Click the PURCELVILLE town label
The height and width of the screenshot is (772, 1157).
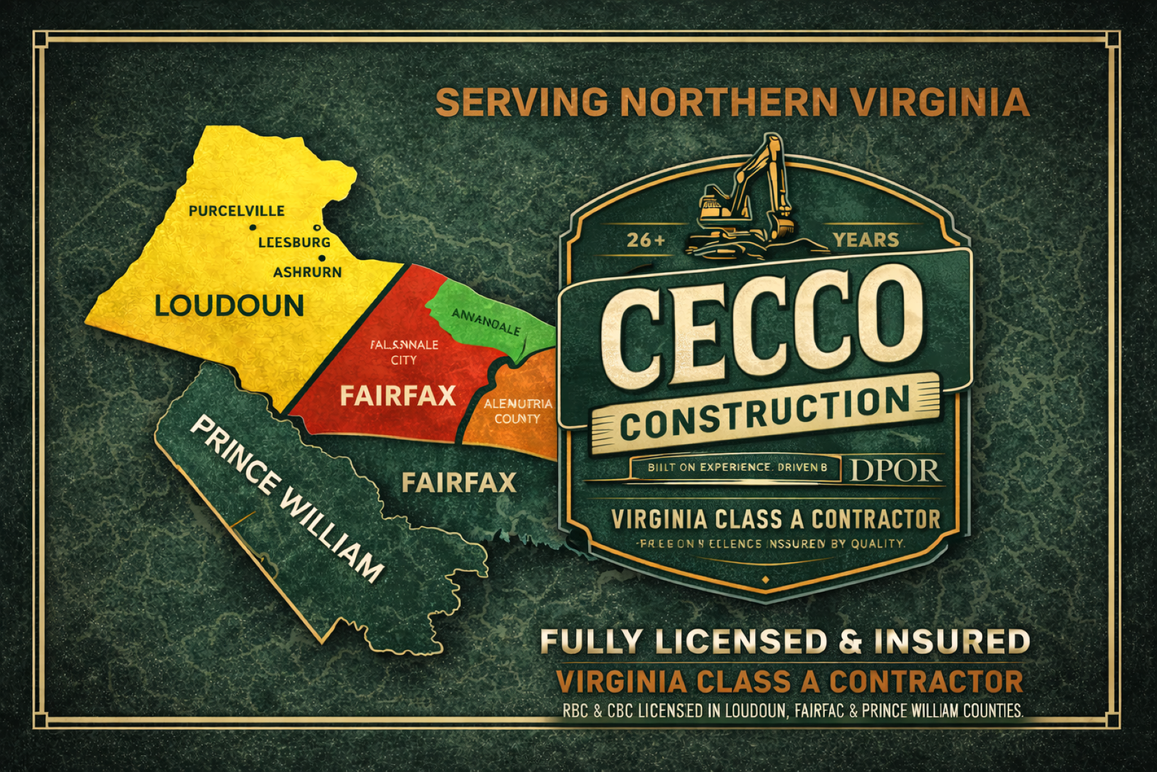click(237, 211)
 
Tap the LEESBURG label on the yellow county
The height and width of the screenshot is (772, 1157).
click(294, 243)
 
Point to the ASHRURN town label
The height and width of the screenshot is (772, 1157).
click(307, 272)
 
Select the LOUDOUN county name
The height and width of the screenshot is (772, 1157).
click(229, 306)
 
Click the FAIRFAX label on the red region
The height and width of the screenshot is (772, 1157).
click(398, 396)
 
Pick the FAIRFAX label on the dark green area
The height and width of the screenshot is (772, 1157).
click(459, 482)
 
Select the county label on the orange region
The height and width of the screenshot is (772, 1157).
click(517, 411)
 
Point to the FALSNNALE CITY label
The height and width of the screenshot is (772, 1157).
click(404, 352)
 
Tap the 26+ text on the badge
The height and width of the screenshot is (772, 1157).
click(646, 240)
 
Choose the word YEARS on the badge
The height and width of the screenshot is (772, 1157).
click(866, 240)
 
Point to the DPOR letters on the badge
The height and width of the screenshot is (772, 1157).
click(895, 471)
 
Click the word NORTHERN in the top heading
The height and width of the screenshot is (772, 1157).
click(730, 102)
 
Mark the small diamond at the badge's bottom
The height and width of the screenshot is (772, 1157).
click(765, 580)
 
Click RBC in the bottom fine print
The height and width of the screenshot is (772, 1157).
click(574, 711)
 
